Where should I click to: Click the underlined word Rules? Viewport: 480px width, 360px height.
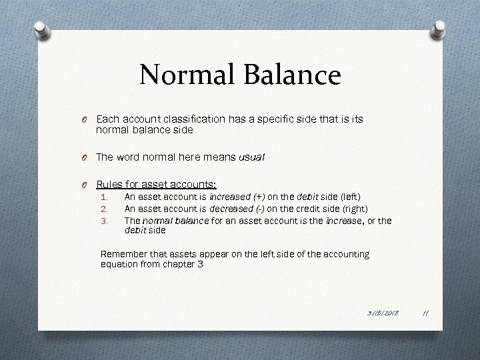coord(111,184)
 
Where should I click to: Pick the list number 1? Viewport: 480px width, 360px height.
coord(103,198)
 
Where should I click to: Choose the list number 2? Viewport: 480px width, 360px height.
coord(103,209)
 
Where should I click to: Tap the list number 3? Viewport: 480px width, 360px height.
coord(103,219)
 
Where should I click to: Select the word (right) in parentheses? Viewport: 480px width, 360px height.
coord(353,209)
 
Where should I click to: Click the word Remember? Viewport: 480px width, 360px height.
coord(121,254)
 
